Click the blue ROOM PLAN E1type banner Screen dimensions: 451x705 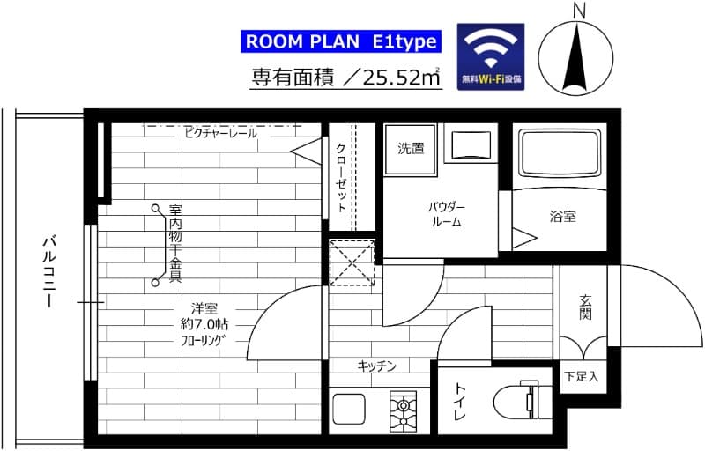338,42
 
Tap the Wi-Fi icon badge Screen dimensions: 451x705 491,55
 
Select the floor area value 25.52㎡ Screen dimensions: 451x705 397,78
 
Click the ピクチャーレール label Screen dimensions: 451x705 220,133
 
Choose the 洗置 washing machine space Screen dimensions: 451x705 411,149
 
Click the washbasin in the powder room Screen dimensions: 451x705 468,144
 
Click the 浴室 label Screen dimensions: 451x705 562,216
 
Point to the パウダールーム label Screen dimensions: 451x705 447,214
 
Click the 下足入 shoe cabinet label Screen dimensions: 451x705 581,376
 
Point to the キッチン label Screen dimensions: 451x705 376,366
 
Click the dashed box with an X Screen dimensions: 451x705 352,262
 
